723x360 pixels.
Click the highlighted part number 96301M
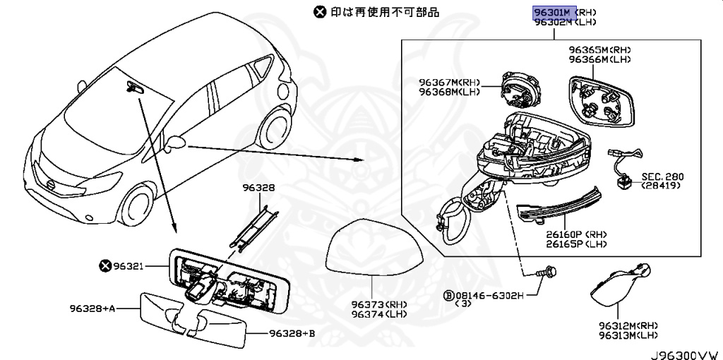[x=553, y=12]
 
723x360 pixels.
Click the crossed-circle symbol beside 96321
[x=105, y=266]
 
